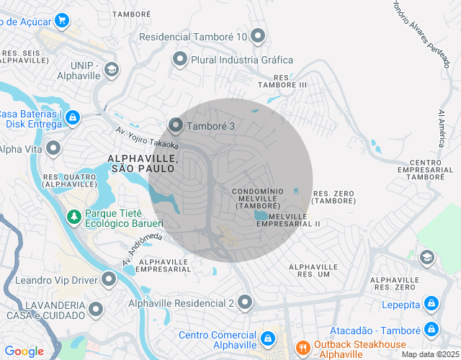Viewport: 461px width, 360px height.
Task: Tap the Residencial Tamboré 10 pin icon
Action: pyautogui.click(x=259, y=36)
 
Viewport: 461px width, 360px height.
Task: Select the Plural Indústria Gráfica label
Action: pyautogui.click(x=242, y=60)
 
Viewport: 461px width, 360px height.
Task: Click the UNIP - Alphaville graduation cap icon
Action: pyautogui.click(x=112, y=69)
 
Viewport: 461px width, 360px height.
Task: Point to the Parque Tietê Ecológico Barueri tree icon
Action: pyautogui.click(x=73, y=216)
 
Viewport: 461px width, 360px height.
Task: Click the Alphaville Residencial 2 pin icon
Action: pyautogui.click(x=246, y=302)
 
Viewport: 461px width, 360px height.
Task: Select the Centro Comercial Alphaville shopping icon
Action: pyautogui.click(x=267, y=337)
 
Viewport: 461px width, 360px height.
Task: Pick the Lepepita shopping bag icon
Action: pyautogui.click(x=431, y=304)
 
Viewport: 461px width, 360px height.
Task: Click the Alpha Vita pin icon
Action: pyautogui.click(x=53, y=149)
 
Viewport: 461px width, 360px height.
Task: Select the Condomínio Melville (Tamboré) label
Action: pyautogui.click(x=257, y=198)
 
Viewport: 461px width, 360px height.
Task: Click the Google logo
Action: pyautogui.click(x=24, y=351)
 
